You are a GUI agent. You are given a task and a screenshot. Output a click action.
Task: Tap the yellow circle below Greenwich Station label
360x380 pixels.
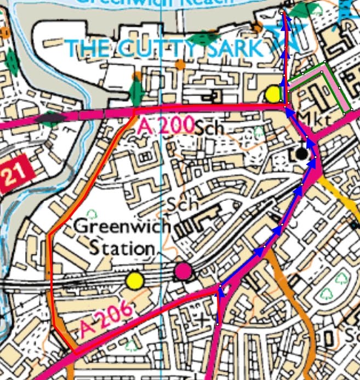pos(134,281)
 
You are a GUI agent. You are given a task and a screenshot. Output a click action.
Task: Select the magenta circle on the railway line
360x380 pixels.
pos(183,270)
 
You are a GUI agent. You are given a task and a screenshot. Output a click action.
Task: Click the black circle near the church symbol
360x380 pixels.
pos(302,153)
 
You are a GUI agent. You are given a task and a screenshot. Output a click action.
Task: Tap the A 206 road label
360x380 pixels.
pos(106,320)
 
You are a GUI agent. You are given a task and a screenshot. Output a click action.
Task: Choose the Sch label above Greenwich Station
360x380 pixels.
pos(182,204)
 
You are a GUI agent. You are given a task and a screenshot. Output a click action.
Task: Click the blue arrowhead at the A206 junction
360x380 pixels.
pos(220,292)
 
